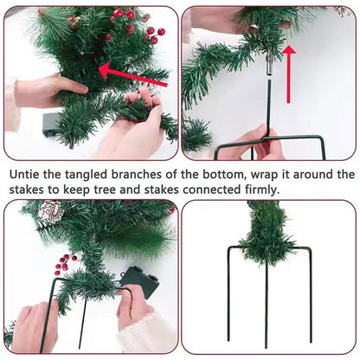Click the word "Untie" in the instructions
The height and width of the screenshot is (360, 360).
pyautogui.click(x=24, y=175)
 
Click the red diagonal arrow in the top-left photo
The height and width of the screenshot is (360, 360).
pyautogui.click(x=133, y=75)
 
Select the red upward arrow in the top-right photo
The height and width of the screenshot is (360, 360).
pyautogui.click(x=288, y=74)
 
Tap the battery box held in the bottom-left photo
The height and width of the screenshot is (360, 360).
pyautogui.click(x=140, y=282)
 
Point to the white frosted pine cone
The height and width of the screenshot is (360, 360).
pyautogui.click(x=51, y=211)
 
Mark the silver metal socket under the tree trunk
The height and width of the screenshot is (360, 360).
pyautogui.click(x=268, y=67)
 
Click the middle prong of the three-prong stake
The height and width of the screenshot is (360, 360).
pyautogui.click(x=267, y=305)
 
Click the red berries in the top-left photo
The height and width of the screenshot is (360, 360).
pyautogui.click(x=136, y=27)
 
